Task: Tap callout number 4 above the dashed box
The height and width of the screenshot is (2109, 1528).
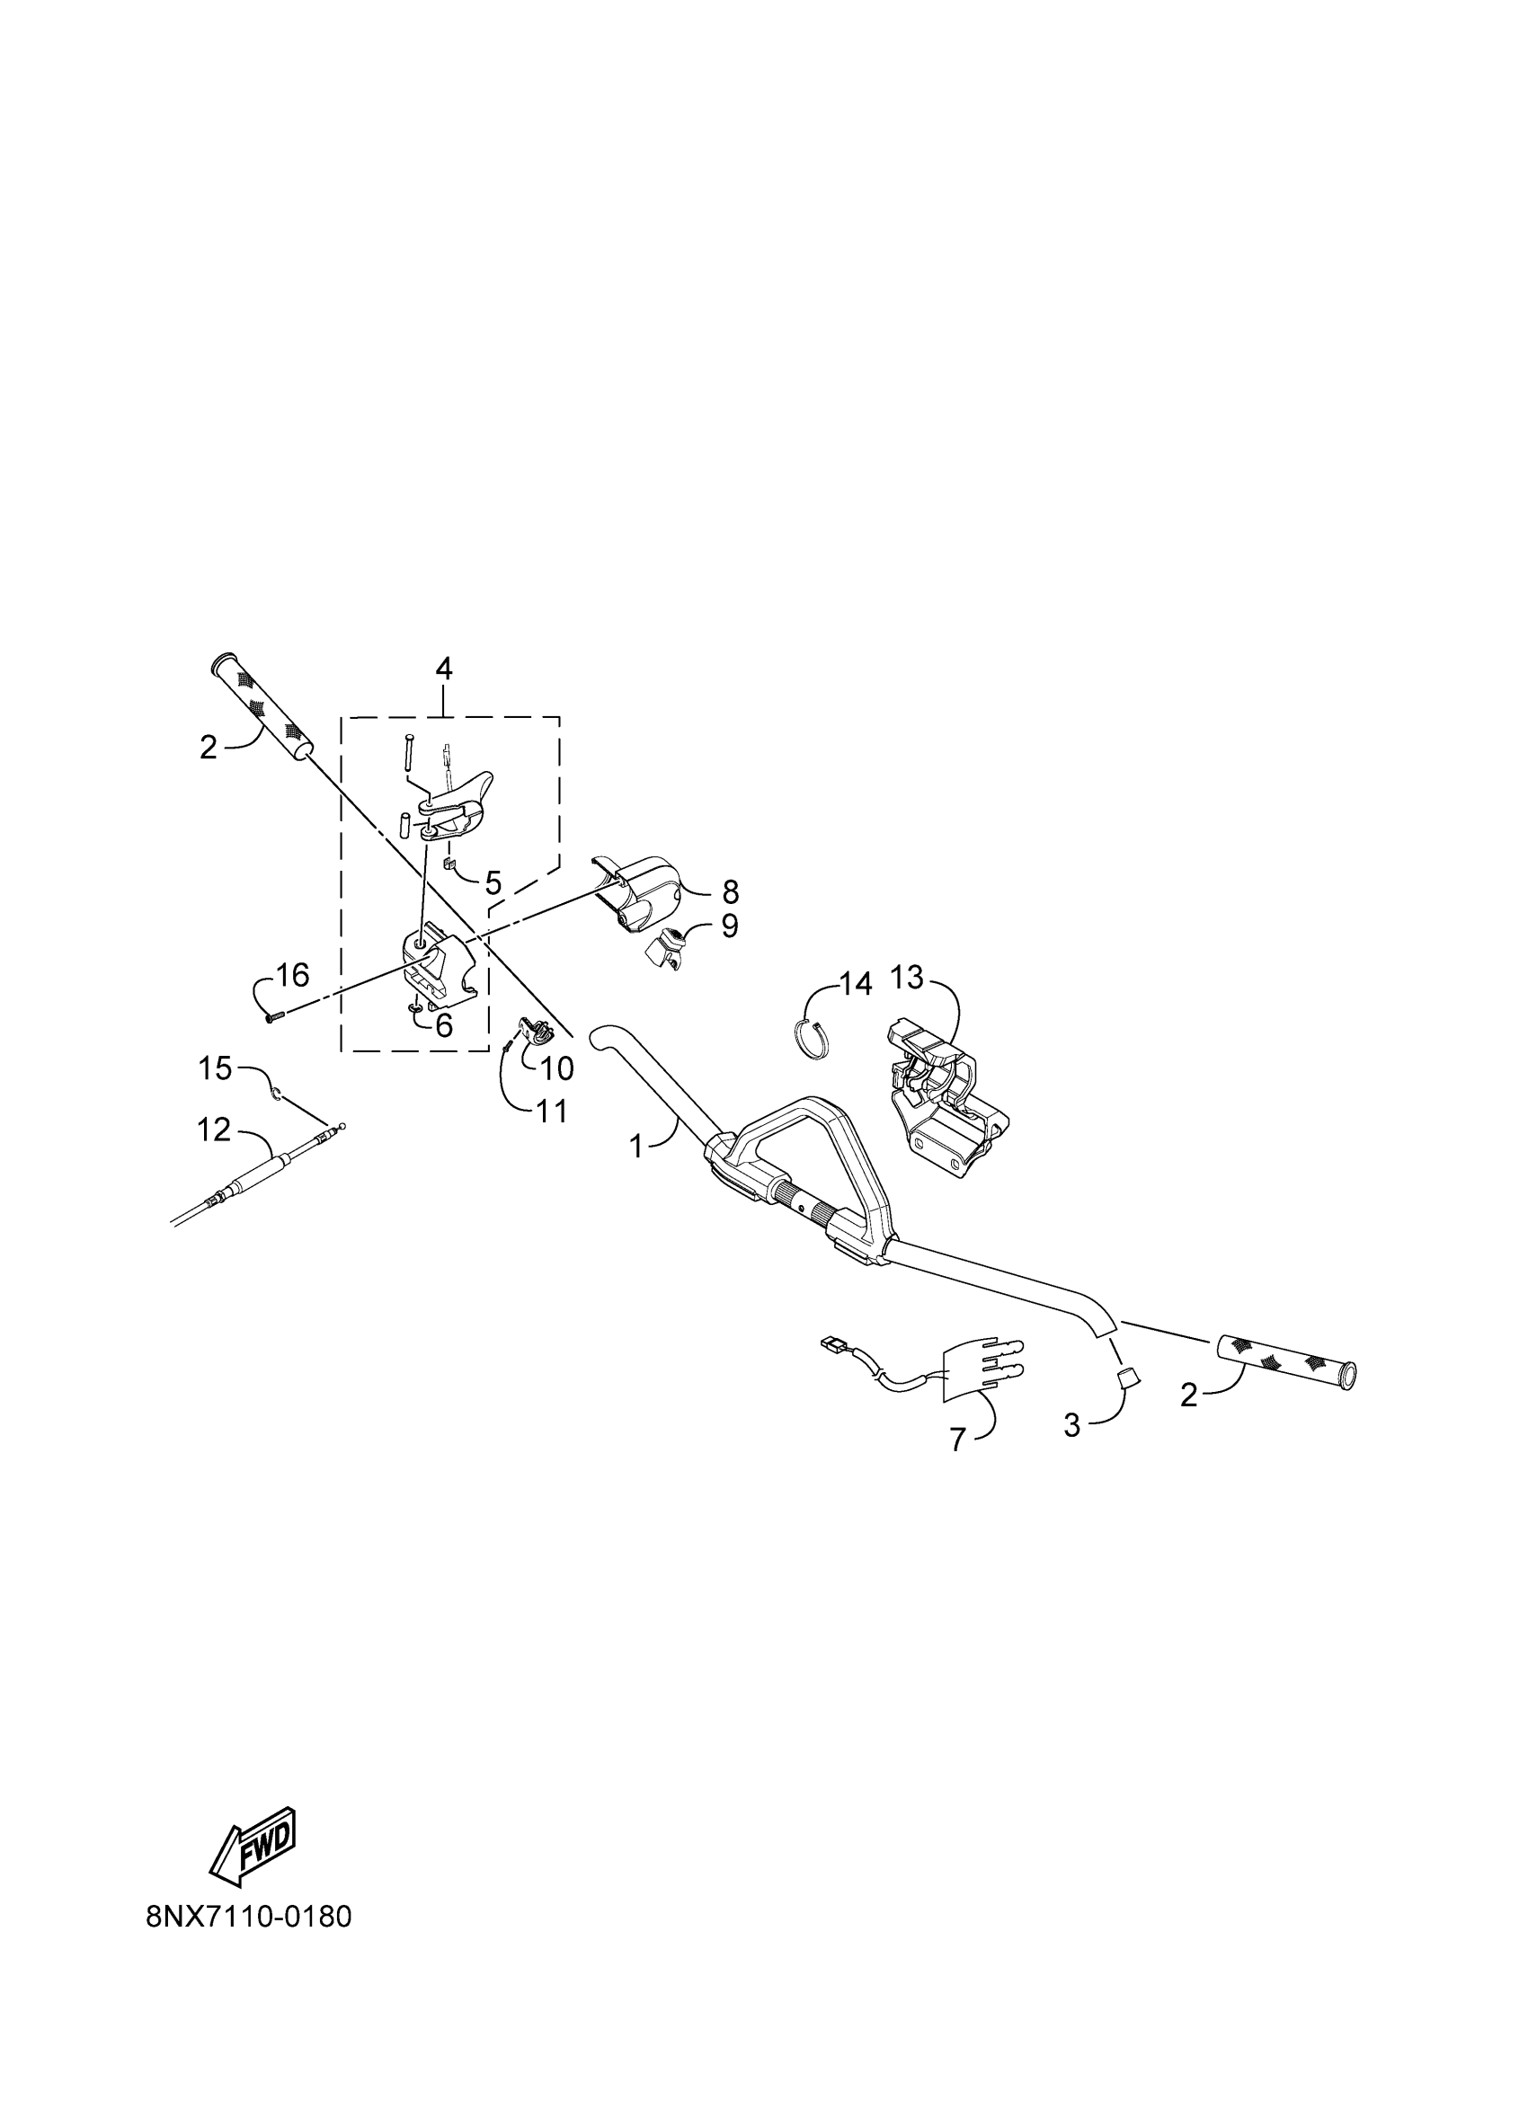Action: (444, 669)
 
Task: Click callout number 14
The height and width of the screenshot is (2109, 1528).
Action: (856, 983)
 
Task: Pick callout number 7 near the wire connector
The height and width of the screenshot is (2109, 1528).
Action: (958, 1440)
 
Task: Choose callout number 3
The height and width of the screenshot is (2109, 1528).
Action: (1072, 1425)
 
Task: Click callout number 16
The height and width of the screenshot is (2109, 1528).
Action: (293, 976)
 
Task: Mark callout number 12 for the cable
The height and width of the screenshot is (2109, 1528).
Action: (213, 1130)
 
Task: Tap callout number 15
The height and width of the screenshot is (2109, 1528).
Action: (215, 1068)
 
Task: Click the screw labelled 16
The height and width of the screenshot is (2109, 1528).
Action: (271, 1018)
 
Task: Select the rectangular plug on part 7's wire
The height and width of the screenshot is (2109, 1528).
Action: (831, 1343)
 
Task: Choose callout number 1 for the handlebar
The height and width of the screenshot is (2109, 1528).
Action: (636, 1148)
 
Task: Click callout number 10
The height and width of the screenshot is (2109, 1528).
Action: (557, 1068)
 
